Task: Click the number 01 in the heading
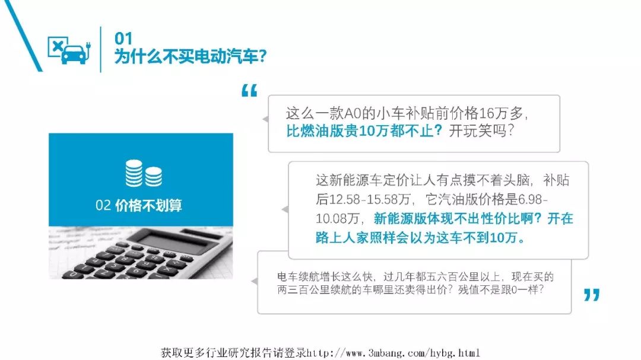pos(123,39)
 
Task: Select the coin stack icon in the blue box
pos(144,173)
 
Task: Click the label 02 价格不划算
pos(139,205)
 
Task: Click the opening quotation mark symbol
pos(249,91)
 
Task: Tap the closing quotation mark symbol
pos(592,295)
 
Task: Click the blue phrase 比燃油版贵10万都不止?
pos(364,130)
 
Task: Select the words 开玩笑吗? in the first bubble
pos(481,130)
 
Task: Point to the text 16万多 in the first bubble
pos(500,113)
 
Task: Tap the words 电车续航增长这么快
pos(325,276)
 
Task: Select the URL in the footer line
pos(394,353)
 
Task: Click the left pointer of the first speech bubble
pos(265,119)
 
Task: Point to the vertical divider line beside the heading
pos(100,49)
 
